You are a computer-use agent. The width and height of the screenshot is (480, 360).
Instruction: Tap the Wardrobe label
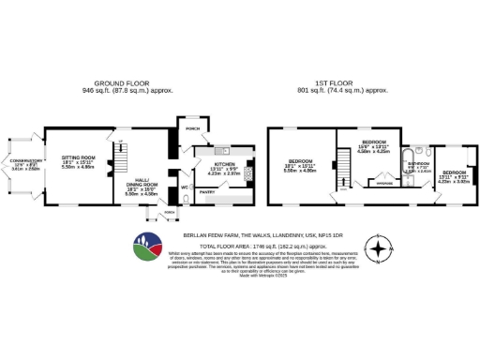click(384, 183)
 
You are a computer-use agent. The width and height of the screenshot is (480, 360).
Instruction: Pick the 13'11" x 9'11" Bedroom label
click(456, 176)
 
